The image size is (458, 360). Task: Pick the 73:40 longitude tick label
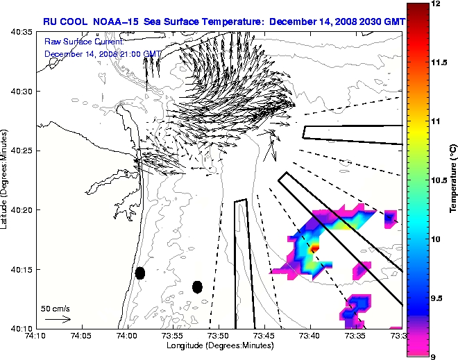pos(309,336)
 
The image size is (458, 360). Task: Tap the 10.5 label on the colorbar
pos(439,180)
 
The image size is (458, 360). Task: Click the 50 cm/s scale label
pos(55,308)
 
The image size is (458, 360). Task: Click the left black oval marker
pos(140,273)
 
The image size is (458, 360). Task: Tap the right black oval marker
pos(197,286)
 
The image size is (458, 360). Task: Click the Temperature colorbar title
pos(452,180)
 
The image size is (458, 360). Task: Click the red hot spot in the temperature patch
pos(314,246)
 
